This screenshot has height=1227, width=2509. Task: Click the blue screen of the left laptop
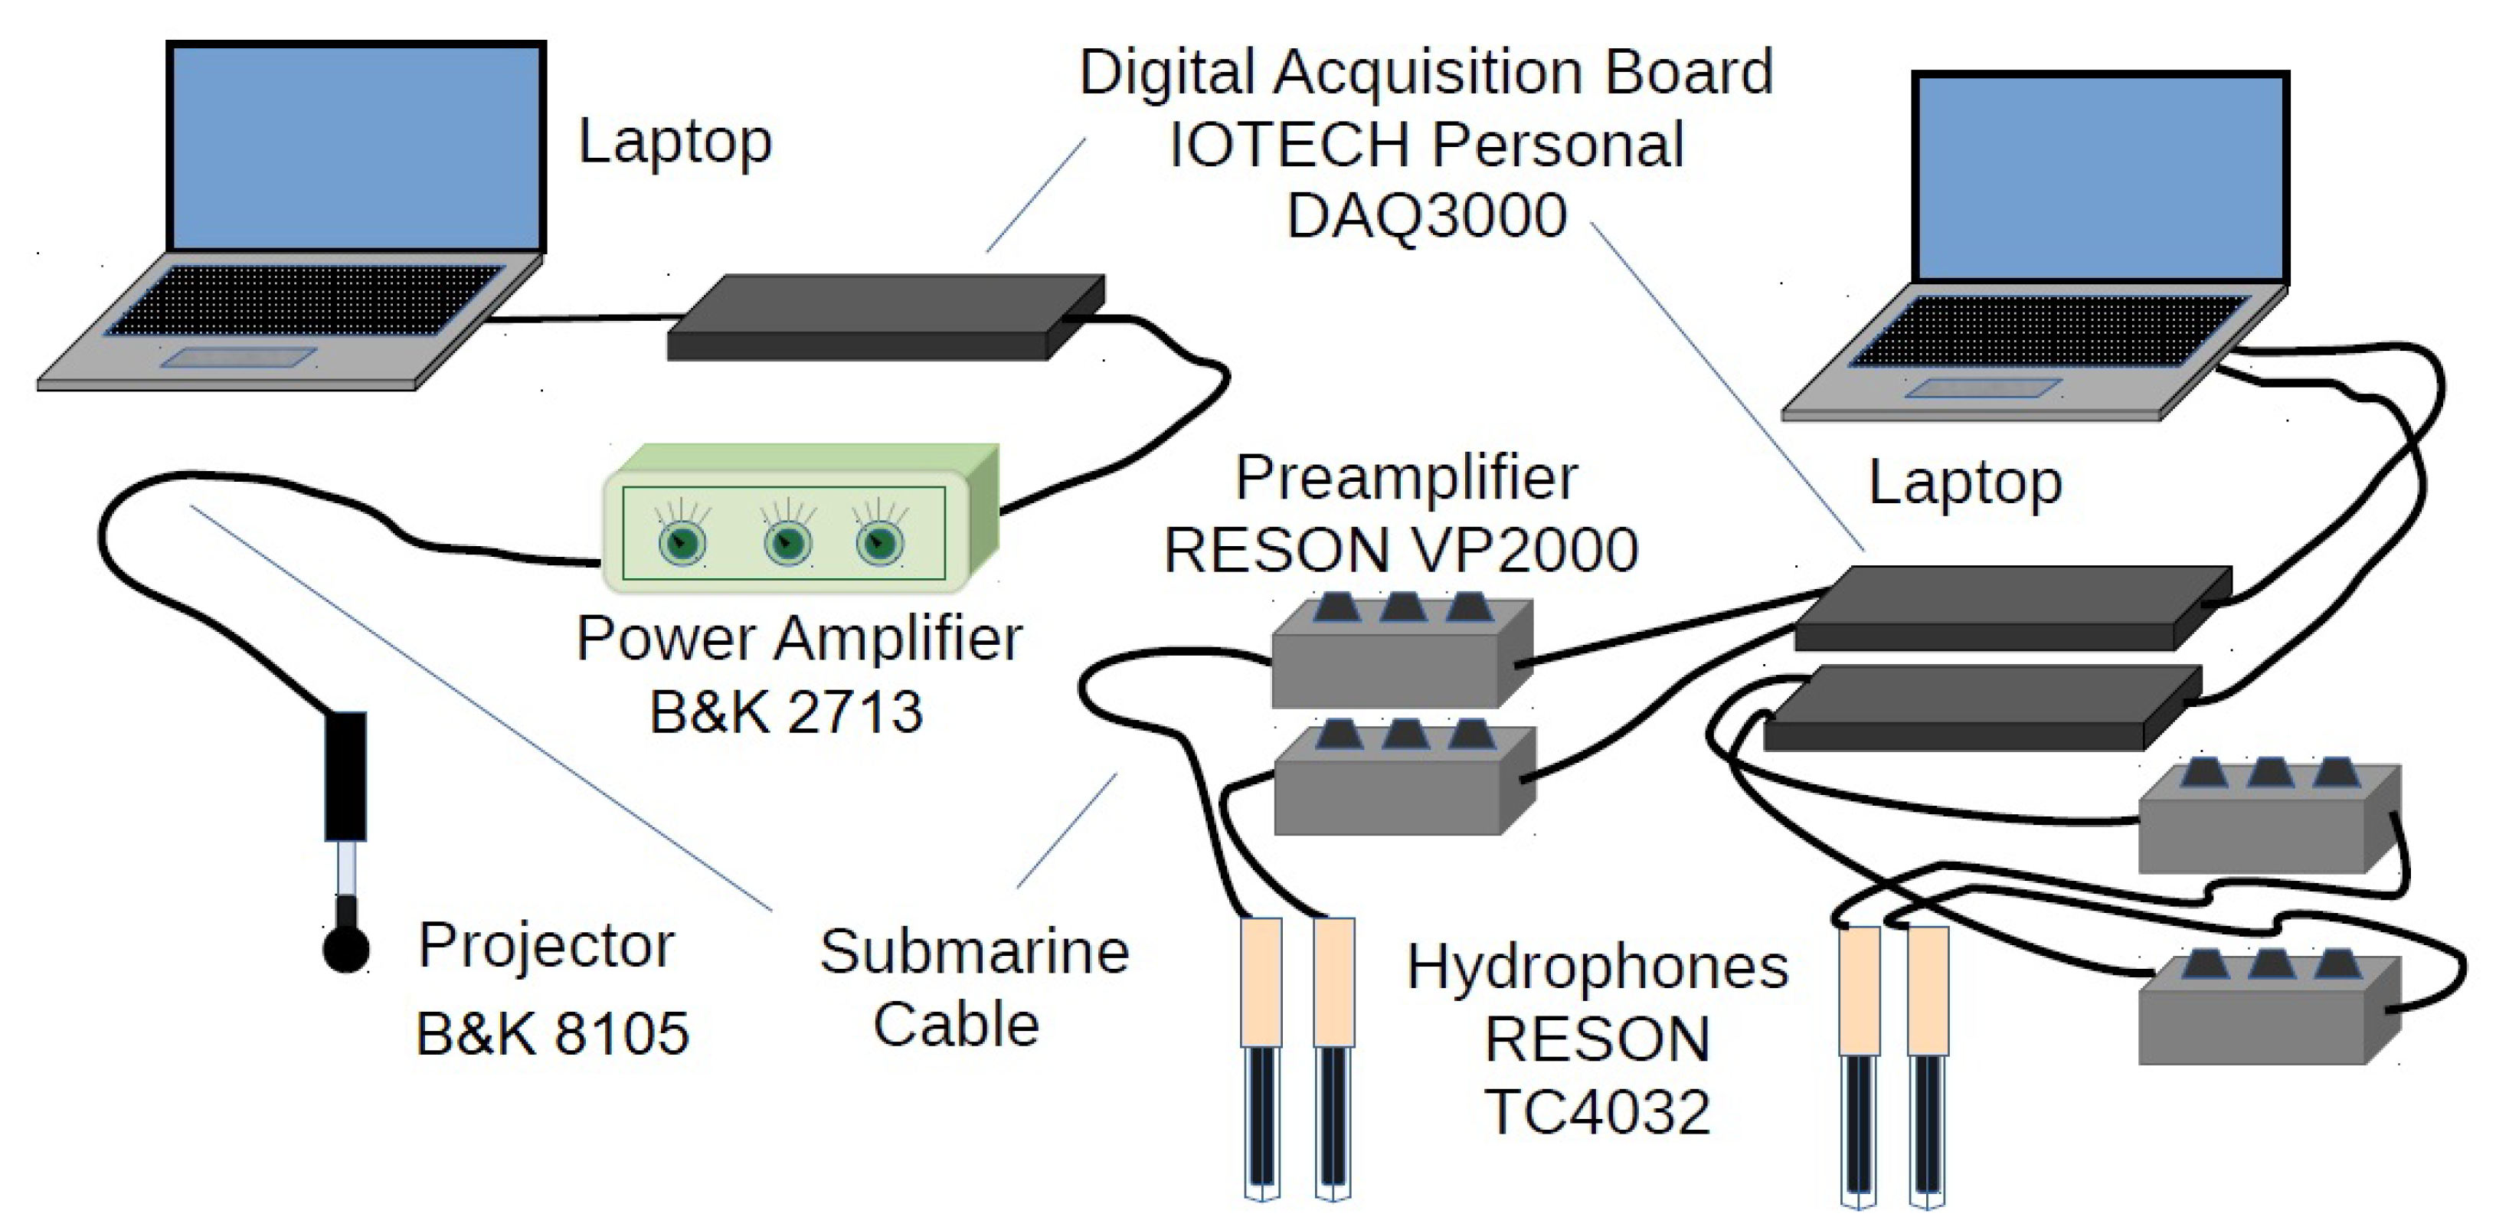point(355,146)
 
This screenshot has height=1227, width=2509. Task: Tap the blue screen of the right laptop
point(2099,177)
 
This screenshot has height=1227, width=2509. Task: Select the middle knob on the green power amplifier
point(787,543)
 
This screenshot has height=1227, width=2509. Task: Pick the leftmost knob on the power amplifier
point(682,543)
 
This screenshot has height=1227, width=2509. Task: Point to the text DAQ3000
point(1427,216)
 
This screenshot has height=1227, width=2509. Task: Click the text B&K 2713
point(786,712)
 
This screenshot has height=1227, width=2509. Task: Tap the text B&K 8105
point(552,1033)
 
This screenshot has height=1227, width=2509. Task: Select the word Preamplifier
point(1405,478)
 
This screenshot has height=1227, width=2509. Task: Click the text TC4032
point(1598,1111)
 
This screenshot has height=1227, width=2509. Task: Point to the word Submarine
point(974,951)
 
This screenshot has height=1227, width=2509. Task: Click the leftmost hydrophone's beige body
point(1261,982)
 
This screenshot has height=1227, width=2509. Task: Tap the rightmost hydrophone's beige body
point(1928,990)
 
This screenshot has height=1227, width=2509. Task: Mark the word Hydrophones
point(1598,967)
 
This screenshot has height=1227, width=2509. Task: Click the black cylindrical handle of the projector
point(345,776)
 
